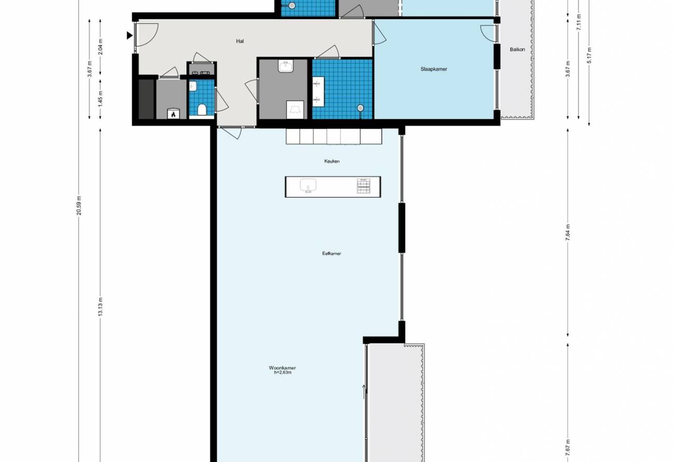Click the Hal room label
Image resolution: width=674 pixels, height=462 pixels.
coord(240,41)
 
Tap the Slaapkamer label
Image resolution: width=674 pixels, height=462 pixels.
coord(433,69)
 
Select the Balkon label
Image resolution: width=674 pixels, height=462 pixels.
coord(517,49)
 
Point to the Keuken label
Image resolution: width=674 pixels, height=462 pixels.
coord(332,161)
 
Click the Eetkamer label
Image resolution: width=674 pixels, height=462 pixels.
coord(332,253)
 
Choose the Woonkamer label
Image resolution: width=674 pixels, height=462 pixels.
coord(282,368)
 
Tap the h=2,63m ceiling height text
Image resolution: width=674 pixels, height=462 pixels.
coord(283,373)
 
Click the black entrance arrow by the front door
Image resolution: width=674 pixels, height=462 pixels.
coord(130,35)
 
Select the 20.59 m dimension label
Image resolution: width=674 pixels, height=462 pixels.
coord(79,206)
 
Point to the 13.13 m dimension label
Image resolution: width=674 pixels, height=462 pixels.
coord(101,306)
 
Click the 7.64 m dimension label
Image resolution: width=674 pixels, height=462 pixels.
coord(568,232)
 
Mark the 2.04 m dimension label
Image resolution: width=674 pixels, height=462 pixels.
coord(101,47)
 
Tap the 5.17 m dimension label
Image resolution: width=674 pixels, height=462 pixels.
coord(589,55)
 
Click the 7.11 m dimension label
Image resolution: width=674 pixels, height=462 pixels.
coord(579,22)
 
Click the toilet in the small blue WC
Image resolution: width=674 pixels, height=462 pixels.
coord(202,110)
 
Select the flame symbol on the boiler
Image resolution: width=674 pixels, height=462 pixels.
coord(173,114)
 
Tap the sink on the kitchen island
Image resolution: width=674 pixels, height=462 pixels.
coord(308,185)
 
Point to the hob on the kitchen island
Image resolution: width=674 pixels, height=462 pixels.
coord(363,186)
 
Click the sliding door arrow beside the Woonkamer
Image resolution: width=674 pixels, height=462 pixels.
coord(364,392)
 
